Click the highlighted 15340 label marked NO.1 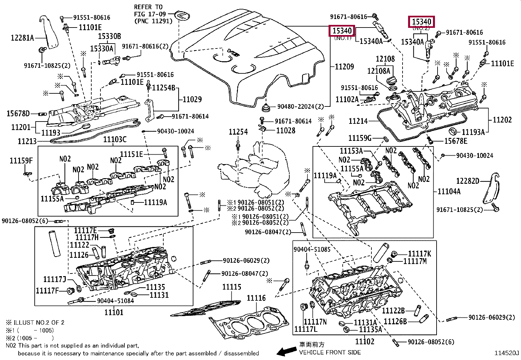pyautogui.click(x=342, y=31)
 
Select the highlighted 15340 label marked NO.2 pyautogui.click(x=422, y=22)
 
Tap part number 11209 pyautogui.click(x=344, y=67)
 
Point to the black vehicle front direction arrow pyautogui.click(x=287, y=351)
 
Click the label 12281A pyautogui.click(x=22, y=38)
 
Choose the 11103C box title pyautogui.click(x=115, y=140)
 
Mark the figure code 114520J pyautogui.click(x=506, y=353)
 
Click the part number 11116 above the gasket pyautogui.click(x=256, y=298)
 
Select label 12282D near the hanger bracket pyautogui.click(x=468, y=181)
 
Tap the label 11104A pyautogui.click(x=449, y=191)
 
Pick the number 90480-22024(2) pyautogui.click(x=300, y=106)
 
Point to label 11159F pyautogui.click(x=21, y=161)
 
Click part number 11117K pyautogui.click(x=420, y=254)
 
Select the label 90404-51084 pyautogui.click(x=115, y=301)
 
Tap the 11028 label pyautogui.click(x=286, y=131)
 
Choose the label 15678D pyautogui.click(x=18, y=114)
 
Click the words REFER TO pyautogui.click(x=148, y=7)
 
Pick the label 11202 pyautogui.click(x=502, y=120)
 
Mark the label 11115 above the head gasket pyautogui.click(x=232, y=287)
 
